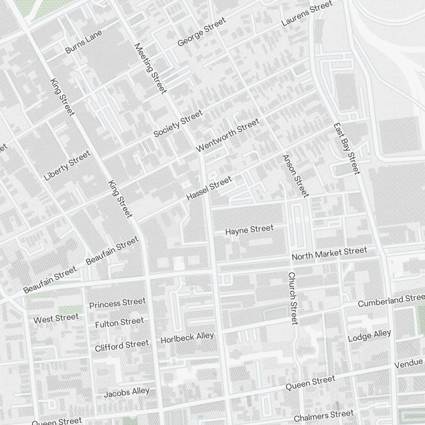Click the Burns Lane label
[84, 44]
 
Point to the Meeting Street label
[150, 68]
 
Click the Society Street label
[178, 124]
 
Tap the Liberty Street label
[68, 165]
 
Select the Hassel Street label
[210, 188]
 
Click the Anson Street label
[295, 176]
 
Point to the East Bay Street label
[346, 149]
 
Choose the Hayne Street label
[249, 230]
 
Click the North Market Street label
[329, 254]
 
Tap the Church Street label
[293, 298]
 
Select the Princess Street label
[117, 303]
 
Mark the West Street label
[56, 318]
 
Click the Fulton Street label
[119, 323]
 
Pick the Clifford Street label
[122, 346]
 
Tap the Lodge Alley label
[369, 336]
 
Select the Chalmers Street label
[323, 416]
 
